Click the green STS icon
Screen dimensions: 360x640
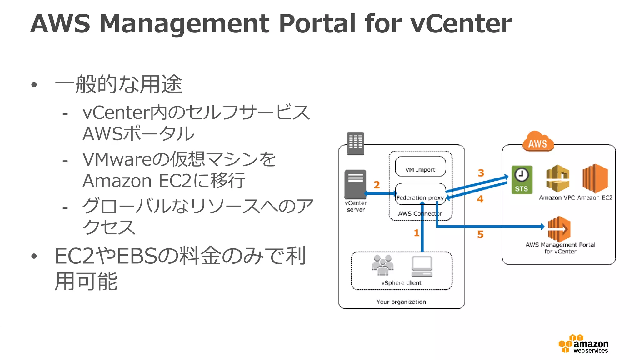click(x=522, y=180)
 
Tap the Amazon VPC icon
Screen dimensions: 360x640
click(x=557, y=178)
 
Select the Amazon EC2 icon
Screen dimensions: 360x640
click(x=595, y=178)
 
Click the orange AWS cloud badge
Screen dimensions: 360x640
click(x=538, y=142)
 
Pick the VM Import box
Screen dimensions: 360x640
click(x=420, y=167)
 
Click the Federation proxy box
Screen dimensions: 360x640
click(x=420, y=194)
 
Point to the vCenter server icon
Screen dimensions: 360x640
click(x=355, y=184)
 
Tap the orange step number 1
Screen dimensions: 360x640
click(x=416, y=233)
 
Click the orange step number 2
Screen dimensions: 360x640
click(x=377, y=185)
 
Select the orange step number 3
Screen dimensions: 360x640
click(x=481, y=173)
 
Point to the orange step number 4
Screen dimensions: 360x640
click(x=480, y=199)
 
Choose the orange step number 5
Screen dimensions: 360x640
click(x=480, y=234)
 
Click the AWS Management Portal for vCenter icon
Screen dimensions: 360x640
click(x=559, y=229)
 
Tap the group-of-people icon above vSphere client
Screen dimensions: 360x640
click(x=382, y=265)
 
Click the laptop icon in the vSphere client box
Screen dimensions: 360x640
click(x=422, y=267)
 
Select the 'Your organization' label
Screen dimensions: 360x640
click(x=401, y=302)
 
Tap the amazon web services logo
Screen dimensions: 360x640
click(x=583, y=344)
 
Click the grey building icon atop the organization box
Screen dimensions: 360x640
click(x=356, y=143)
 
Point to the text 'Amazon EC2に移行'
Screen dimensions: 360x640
click(x=164, y=181)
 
